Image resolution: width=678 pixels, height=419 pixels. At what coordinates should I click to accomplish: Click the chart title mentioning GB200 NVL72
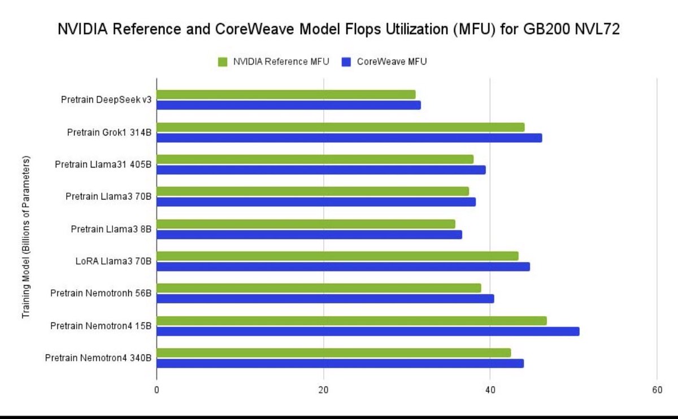339,30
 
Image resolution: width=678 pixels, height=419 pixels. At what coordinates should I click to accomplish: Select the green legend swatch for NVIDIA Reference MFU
223,62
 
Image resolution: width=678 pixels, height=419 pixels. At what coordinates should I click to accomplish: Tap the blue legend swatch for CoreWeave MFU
346,62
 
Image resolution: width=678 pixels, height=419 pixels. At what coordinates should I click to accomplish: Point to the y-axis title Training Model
26,237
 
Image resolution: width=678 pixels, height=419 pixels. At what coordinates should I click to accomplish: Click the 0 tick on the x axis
157,390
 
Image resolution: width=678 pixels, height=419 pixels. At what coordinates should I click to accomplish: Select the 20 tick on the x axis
323,390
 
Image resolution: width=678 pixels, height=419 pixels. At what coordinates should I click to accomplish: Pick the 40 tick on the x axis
490,390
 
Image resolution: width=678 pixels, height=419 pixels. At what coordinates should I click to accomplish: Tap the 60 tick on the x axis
657,390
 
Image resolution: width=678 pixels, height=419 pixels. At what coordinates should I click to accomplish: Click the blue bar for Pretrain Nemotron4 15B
368,331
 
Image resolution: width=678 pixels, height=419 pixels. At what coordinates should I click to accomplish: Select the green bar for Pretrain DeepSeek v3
286,94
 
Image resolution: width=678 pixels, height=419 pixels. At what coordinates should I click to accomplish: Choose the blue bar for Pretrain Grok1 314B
349,137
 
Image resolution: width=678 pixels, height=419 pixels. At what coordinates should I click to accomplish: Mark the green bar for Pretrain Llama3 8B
306,224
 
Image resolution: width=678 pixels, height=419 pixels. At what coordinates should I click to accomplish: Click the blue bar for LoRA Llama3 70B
343,267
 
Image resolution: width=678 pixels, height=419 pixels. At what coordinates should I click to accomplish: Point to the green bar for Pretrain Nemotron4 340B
333,352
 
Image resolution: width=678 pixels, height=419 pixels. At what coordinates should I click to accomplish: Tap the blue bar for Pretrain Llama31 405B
321,169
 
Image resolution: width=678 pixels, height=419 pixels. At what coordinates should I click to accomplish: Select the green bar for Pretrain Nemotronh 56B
319,288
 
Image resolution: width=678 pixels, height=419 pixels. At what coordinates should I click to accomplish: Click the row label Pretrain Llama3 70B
108,197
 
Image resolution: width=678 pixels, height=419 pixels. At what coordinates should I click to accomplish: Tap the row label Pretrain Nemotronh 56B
101,294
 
